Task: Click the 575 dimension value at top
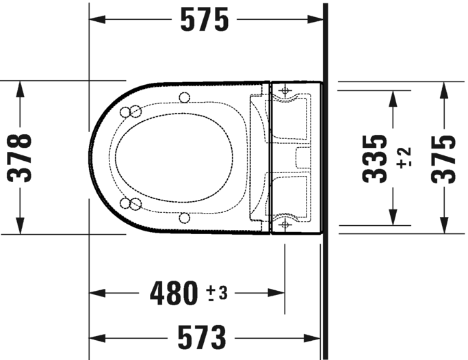tap(204, 21)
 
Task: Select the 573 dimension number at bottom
tap(202, 337)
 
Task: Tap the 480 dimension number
tap(174, 294)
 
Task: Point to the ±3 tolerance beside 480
tap(218, 294)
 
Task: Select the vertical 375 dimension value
tap(445, 158)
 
